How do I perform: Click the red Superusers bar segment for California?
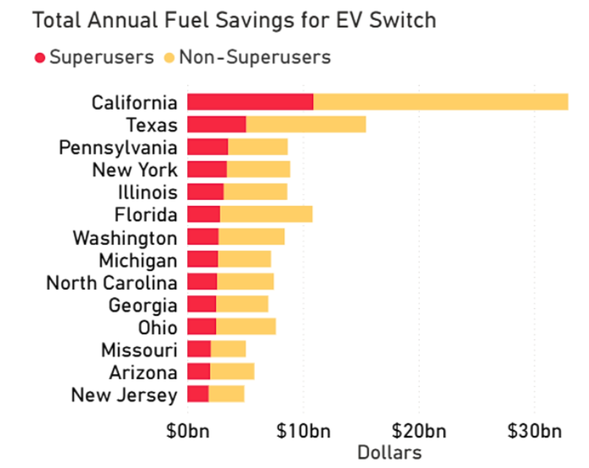250,102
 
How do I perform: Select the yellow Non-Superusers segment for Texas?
306,125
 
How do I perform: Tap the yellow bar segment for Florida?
266,215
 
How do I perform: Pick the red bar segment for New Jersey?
198,395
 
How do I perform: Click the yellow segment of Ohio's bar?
246,327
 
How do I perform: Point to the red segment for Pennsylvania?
207,147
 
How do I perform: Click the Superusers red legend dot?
40,58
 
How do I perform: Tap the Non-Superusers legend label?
254,58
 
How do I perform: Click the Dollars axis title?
389,453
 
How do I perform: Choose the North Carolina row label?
112,283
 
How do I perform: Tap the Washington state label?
125,237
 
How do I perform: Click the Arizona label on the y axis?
143,373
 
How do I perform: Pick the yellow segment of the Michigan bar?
244,260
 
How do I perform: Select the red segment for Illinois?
205,192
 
